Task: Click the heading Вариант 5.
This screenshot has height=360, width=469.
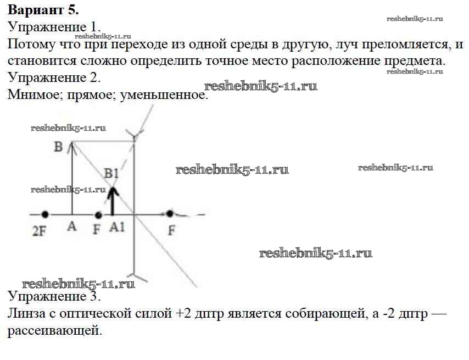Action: pos(43,10)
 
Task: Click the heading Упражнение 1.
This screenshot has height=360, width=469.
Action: pos(54,27)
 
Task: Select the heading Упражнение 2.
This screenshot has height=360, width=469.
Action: pos(54,77)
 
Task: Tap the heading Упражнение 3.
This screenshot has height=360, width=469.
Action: pos(54,296)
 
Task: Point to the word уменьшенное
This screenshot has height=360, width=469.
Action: pos(164,95)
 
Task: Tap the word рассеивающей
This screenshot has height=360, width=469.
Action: pos(55,331)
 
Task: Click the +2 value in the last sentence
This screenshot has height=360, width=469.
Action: pos(183,314)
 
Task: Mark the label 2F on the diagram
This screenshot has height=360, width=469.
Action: pos(39,231)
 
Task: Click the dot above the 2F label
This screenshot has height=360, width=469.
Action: pos(45,214)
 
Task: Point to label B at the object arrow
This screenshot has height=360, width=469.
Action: pos(58,147)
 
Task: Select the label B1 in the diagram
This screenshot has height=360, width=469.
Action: pos(111,174)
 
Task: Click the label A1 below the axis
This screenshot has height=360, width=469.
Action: pos(116,227)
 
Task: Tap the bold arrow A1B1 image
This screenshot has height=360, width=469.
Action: pos(113,201)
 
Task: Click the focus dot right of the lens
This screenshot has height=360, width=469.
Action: pos(170,214)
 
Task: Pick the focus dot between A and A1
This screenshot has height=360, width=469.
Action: pos(98,215)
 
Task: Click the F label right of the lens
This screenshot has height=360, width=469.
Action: pos(171,230)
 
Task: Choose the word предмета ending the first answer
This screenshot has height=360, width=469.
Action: pos(415,61)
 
